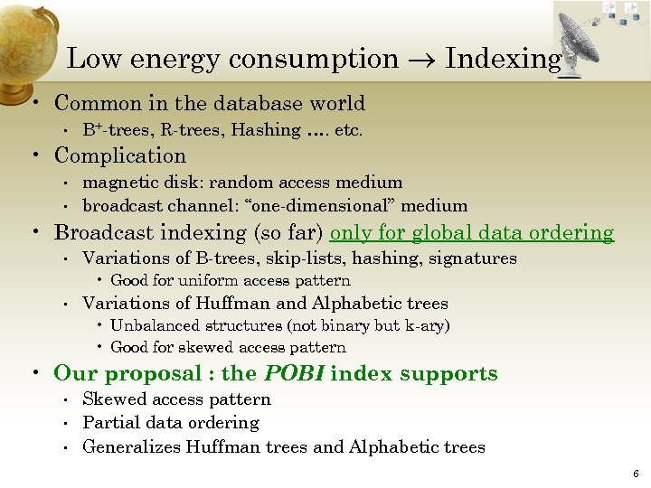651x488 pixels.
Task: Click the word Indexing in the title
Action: click(x=504, y=59)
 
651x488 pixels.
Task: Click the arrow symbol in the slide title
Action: click(x=422, y=61)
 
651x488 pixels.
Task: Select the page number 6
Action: click(x=637, y=474)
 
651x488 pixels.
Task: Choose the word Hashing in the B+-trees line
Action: click(x=266, y=130)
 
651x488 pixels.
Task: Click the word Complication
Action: click(x=120, y=155)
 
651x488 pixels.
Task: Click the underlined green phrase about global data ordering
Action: click(x=472, y=233)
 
